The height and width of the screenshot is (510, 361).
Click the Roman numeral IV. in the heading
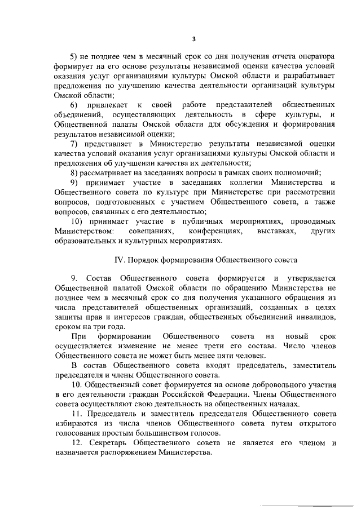[x=119, y=260]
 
